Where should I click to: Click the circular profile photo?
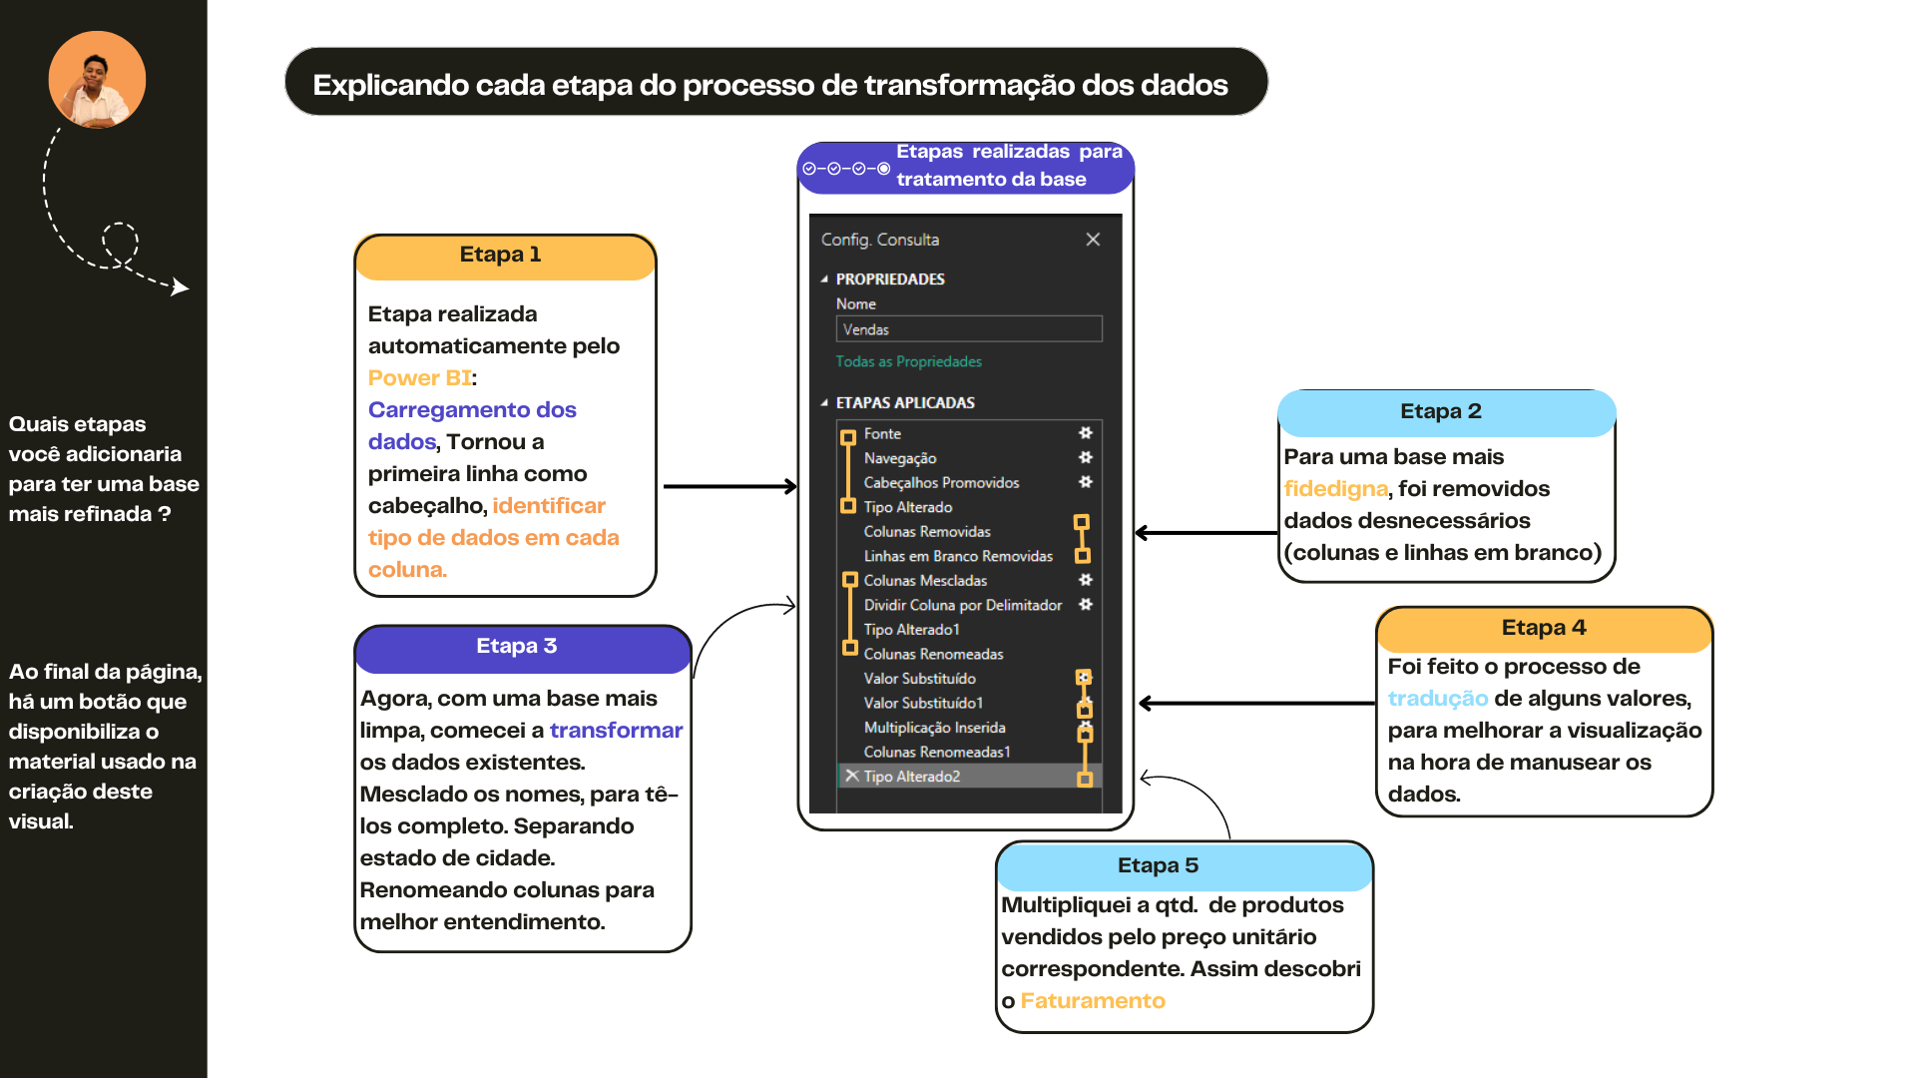click(x=97, y=79)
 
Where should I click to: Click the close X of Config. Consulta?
click(x=1093, y=240)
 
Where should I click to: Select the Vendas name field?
click(x=969, y=329)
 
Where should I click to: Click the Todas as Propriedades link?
click(x=908, y=361)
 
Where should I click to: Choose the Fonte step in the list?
click(x=882, y=433)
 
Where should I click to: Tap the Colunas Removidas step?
click(x=927, y=531)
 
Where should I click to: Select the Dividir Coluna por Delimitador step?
click(x=963, y=605)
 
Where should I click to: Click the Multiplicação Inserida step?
click(x=934, y=728)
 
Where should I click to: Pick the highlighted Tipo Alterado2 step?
click(x=911, y=777)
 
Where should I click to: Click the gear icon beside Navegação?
click(x=1086, y=457)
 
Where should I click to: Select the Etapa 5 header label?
click(x=1158, y=865)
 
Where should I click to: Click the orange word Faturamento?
click(x=1093, y=1000)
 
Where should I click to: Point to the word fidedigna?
click(x=1335, y=489)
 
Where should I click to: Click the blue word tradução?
click(x=1437, y=699)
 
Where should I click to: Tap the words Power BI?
click(x=419, y=377)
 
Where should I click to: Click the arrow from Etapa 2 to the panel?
click(x=1206, y=533)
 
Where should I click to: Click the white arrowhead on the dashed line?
click(x=180, y=287)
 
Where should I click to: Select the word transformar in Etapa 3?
click(x=616, y=730)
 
